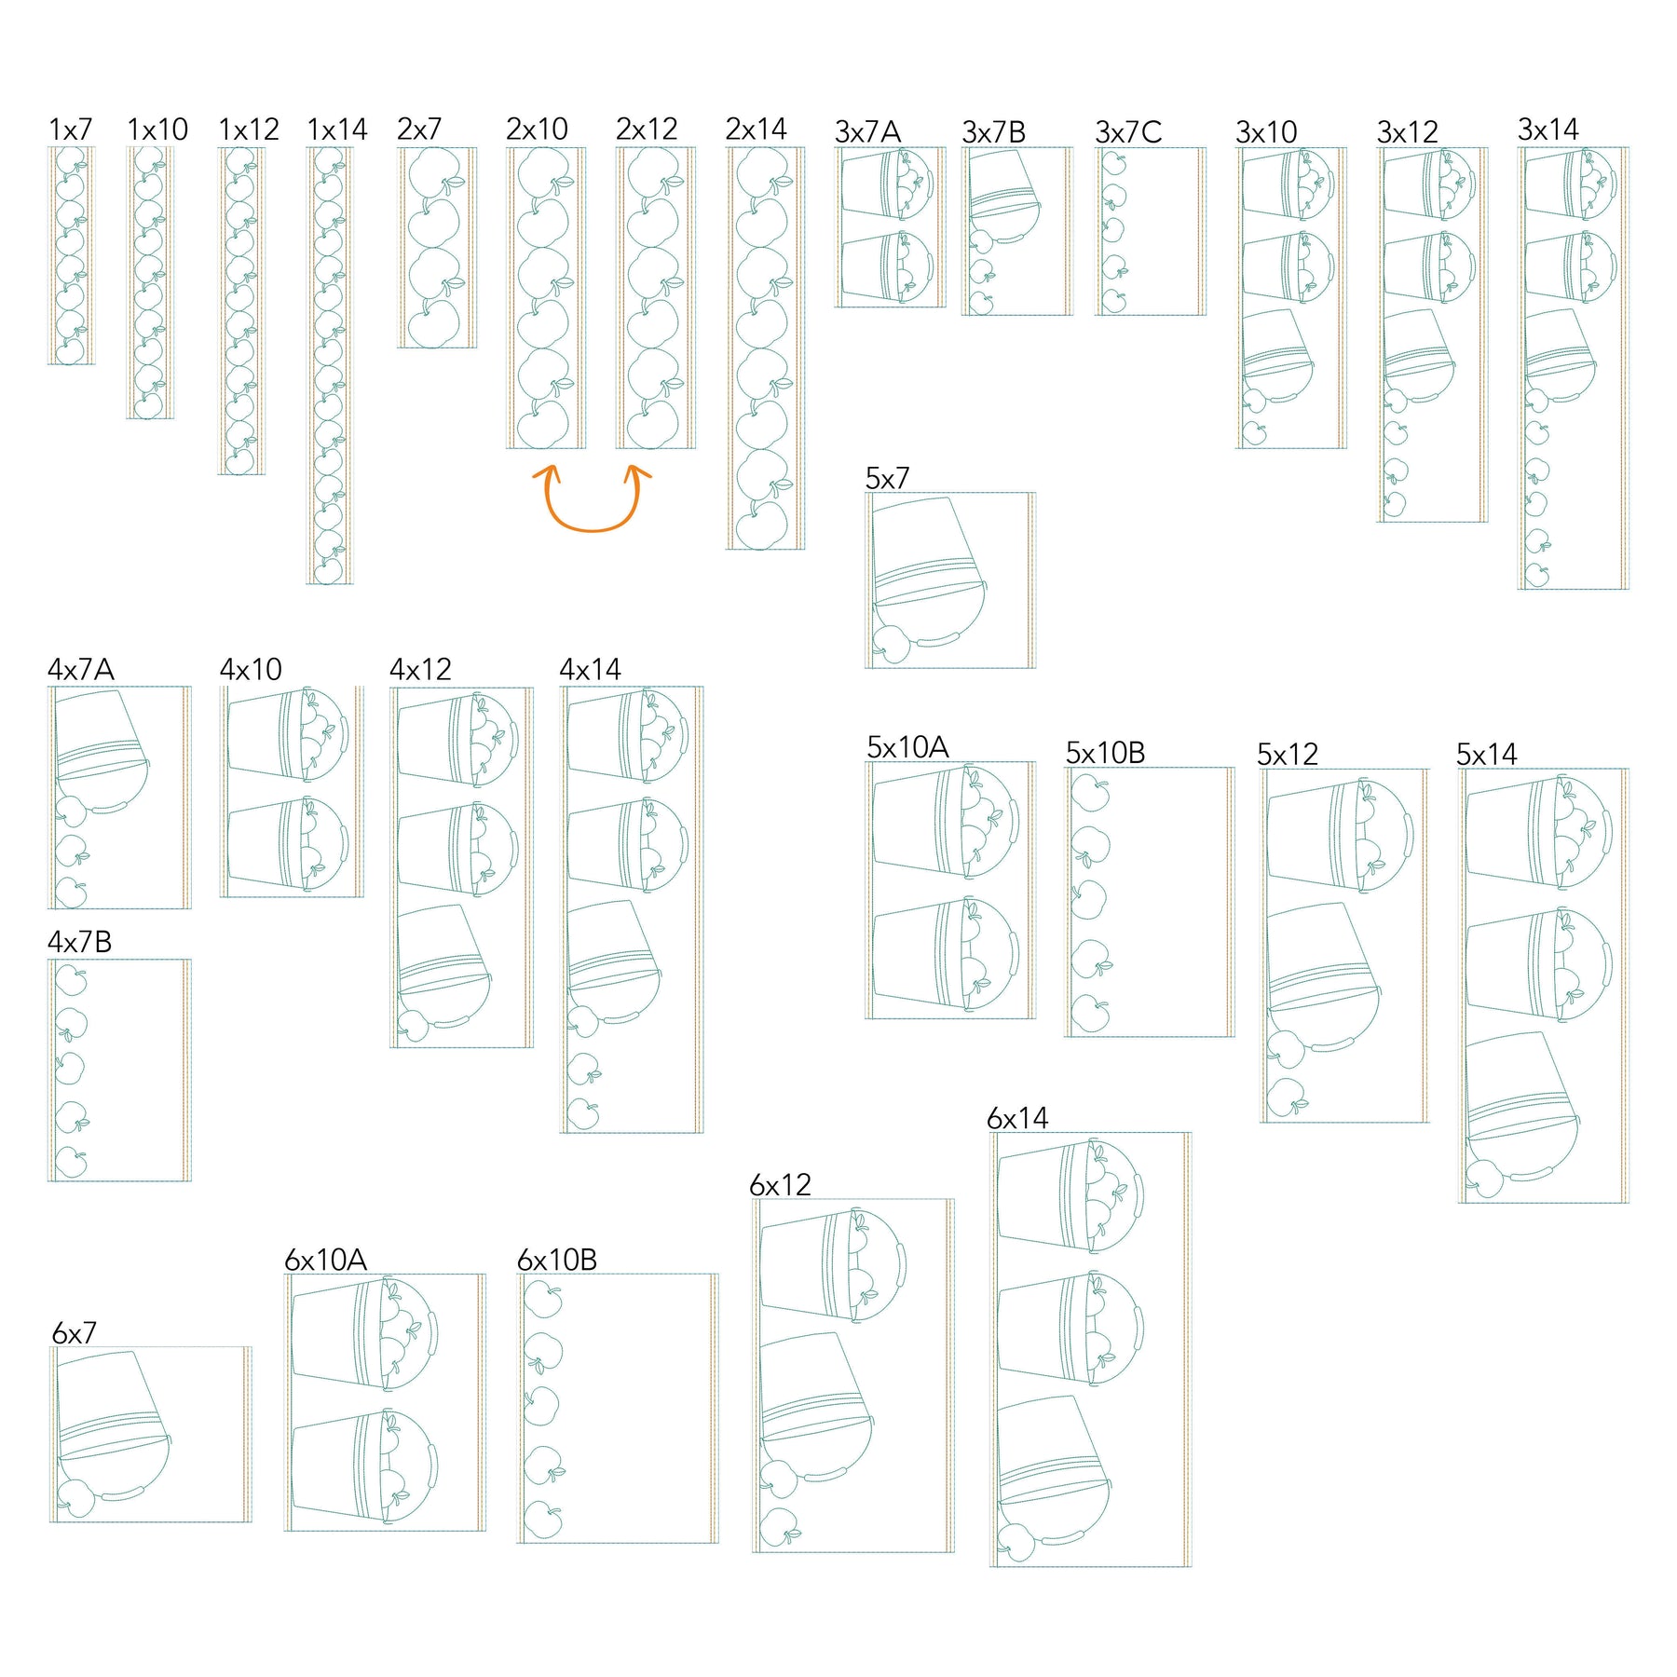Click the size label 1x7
(71, 130)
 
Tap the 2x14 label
(756, 129)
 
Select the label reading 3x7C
(1128, 132)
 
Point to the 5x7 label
(887, 478)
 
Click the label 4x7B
(80, 942)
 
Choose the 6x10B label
(557, 1260)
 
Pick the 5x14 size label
(1487, 754)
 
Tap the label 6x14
(1017, 1118)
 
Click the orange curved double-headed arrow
(592, 529)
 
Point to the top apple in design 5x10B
(1090, 793)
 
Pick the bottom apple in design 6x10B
(542, 1521)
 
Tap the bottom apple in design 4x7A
(71, 893)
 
